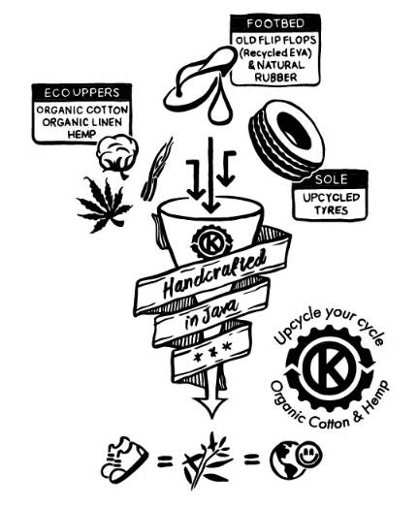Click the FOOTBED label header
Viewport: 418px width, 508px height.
(275, 23)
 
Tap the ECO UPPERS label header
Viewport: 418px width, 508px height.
(81, 93)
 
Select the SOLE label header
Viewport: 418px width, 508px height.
(331, 179)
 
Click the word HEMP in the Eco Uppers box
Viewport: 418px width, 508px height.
(82, 134)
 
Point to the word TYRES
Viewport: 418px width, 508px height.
(331, 210)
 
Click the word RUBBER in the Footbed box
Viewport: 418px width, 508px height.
(275, 78)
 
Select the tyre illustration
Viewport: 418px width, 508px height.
(286, 140)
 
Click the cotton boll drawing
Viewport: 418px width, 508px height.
(118, 155)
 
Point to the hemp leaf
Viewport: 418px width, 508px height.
(104, 205)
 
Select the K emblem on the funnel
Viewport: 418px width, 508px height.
(211, 241)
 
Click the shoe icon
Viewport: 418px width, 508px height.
(124, 459)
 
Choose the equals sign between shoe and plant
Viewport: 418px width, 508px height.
(165, 461)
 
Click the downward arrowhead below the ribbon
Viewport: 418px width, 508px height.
(212, 406)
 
